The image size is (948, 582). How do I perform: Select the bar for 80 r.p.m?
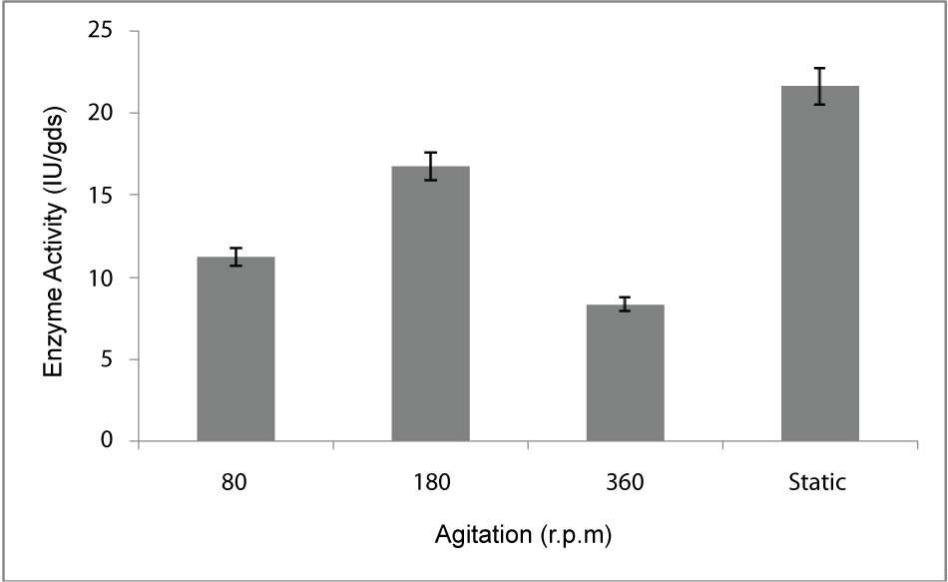pos(236,349)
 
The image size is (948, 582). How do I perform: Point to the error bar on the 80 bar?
pos(236,258)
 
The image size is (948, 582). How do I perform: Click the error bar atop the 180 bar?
pos(430,166)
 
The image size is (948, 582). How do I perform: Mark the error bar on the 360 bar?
pos(625,304)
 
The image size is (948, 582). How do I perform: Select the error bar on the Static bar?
pos(819,86)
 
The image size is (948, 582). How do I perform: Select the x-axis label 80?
pos(236,483)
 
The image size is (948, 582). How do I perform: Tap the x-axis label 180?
pos(430,483)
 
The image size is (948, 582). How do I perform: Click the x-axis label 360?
pos(625,483)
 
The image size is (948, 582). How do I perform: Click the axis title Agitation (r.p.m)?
pos(523,536)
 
